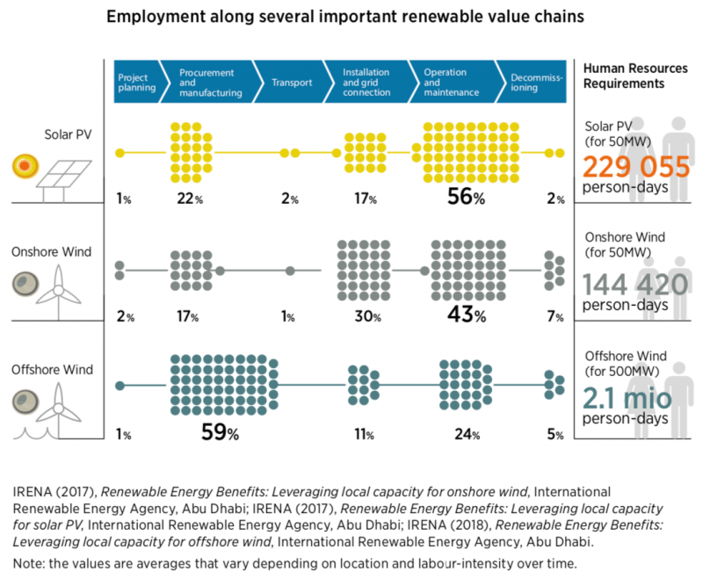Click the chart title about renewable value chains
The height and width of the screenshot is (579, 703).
pyautogui.click(x=351, y=17)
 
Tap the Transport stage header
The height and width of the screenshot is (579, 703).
pyautogui.click(x=292, y=83)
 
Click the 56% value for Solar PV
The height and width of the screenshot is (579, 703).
pyautogui.click(x=466, y=198)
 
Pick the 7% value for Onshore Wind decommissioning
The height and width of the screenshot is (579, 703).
pyautogui.click(x=554, y=316)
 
